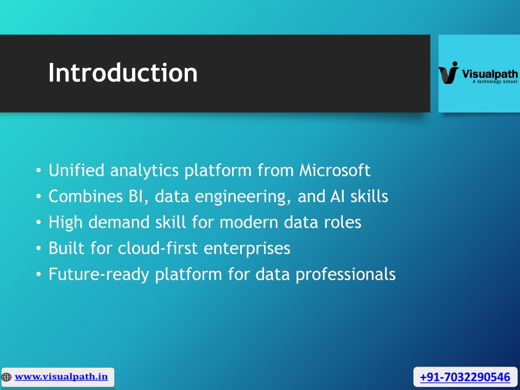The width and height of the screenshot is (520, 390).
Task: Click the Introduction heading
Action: pyautogui.click(x=123, y=72)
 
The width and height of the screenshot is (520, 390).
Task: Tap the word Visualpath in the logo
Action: pyautogui.click(x=490, y=74)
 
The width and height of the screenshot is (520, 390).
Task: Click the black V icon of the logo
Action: pyautogui.click(x=449, y=73)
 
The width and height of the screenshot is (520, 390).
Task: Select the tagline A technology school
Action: pyautogui.click(x=495, y=82)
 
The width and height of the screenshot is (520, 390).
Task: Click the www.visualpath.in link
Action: pyautogui.click(x=61, y=377)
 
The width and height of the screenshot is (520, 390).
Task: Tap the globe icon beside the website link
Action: pyautogui.click(x=6, y=377)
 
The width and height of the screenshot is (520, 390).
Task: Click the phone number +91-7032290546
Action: pyautogui.click(x=465, y=377)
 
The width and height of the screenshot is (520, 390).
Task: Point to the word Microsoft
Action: pyautogui.click(x=335, y=170)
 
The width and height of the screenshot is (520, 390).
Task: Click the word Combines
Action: pyautogui.click(x=85, y=196)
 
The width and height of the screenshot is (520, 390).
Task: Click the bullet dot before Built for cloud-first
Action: pyautogui.click(x=39, y=248)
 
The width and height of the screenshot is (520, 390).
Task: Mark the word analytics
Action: pyautogui.click(x=144, y=171)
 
